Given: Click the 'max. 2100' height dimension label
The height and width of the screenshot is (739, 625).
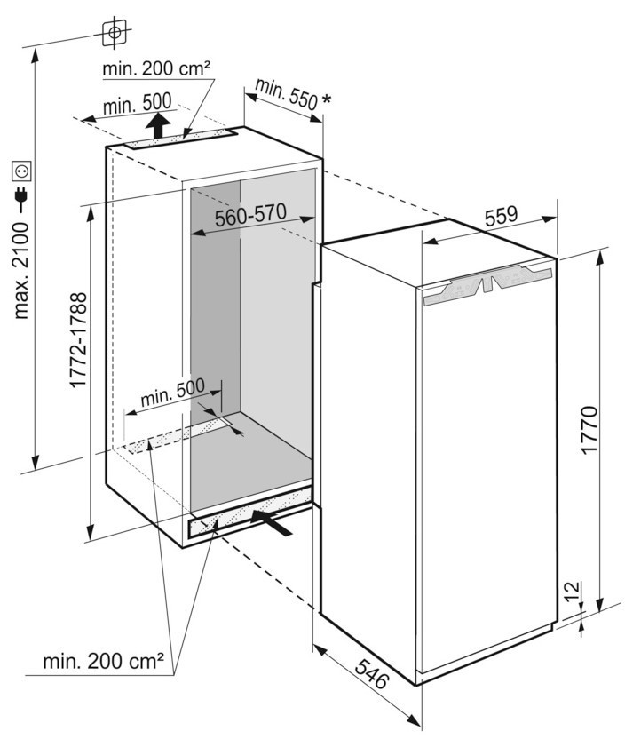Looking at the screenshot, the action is (x=21, y=271).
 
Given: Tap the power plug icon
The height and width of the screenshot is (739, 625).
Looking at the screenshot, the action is (x=21, y=197).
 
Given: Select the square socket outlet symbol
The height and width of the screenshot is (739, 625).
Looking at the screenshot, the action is (x=21, y=171).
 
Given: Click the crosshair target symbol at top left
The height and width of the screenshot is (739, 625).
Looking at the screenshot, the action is (x=114, y=33).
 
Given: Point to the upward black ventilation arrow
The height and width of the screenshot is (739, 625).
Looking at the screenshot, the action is (x=158, y=126).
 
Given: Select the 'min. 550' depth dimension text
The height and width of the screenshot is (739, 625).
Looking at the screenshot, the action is (x=286, y=94).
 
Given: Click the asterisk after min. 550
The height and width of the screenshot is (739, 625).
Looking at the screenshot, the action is (x=326, y=99).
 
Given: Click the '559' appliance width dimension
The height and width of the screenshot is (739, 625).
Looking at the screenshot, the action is (x=501, y=217).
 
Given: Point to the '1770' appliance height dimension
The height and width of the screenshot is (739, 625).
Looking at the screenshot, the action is (x=589, y=429).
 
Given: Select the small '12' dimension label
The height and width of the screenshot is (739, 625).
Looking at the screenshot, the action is (x=571, y=591).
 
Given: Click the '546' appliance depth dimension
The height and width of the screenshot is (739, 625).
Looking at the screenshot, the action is (x=372, y=674).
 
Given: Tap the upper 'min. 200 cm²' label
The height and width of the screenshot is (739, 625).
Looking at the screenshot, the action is (x=156, y=68).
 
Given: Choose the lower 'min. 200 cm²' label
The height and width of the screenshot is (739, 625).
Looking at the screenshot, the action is (x=104, y=662).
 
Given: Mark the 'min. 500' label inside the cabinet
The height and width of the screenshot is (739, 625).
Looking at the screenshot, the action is (x=172, y=392).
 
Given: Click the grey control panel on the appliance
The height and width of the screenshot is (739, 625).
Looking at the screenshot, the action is (x=487, y=284).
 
